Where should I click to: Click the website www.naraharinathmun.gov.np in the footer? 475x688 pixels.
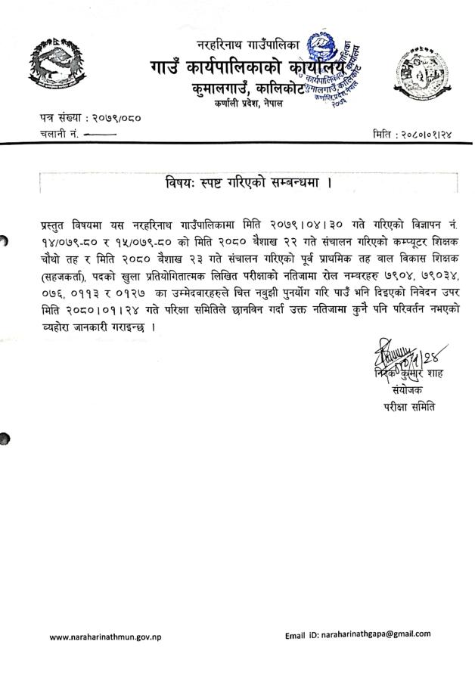(x=105, y=637)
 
